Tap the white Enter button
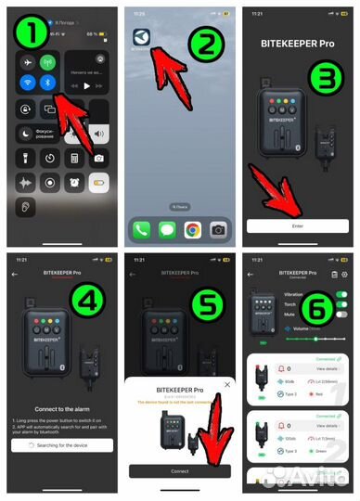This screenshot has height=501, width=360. [x=297, y=225]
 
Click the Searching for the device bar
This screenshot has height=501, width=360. [x=58, y=446]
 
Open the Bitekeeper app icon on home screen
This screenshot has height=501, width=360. [x=140, y=38]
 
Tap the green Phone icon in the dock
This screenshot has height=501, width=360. [x=141, y=228]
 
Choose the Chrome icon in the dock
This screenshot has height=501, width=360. [x=192, y=228]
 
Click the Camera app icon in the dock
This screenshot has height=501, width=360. [x=218, y=228]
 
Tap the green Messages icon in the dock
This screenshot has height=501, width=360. [x=167, y=228]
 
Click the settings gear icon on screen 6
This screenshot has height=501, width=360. [x=344, y=275]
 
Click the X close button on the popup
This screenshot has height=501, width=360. [x=227, y=383]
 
